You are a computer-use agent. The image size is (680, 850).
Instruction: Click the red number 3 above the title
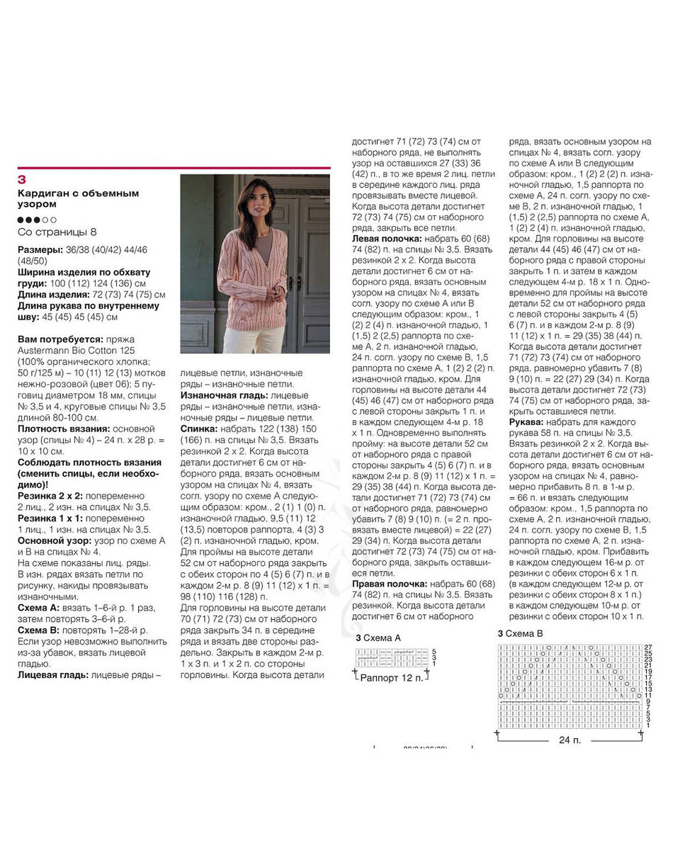(x=21, y=179)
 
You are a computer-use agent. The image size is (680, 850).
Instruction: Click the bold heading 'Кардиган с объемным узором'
(x=78, y=198)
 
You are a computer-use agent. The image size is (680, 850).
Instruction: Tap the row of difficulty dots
(x=37, y=220)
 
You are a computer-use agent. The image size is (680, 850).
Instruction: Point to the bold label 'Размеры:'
(x=40, y=250)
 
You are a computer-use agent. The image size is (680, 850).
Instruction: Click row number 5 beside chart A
(x=433, y=651)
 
